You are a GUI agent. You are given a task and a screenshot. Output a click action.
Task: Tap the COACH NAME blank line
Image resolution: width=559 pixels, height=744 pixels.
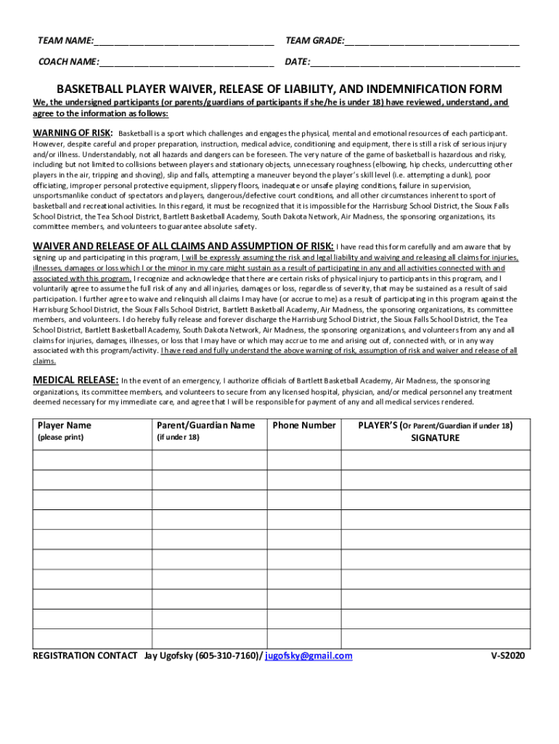(x=187, y=62)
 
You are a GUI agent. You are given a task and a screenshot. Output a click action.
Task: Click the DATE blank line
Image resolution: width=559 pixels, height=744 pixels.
(x=415, y=62)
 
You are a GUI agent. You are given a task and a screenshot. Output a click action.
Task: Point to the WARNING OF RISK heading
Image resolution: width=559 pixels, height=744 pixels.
(x=73, y=133)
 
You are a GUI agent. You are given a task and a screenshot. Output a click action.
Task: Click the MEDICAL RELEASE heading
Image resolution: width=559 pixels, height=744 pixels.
(x=76, y=380)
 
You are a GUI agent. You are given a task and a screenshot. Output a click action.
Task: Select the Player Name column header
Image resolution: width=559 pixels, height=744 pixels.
(x=65, y=425)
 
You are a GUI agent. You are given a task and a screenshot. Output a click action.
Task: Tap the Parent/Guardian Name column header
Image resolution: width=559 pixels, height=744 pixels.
(x=205, y=425)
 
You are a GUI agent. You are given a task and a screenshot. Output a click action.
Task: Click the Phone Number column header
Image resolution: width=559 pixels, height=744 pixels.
(x=304, y=425)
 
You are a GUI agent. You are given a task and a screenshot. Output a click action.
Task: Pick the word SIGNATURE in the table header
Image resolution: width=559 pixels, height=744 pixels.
(x=436, y=438)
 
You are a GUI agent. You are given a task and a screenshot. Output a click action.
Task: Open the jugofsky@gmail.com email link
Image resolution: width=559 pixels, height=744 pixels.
(x=309, y=655)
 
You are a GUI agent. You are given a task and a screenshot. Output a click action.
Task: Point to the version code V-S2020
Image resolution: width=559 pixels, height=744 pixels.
(x=507, y=655)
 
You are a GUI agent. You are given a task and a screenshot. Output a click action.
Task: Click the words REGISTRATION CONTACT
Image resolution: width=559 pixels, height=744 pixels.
(x=85, y=655)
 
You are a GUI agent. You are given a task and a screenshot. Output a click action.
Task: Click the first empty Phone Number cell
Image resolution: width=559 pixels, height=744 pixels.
(x=304, y=461)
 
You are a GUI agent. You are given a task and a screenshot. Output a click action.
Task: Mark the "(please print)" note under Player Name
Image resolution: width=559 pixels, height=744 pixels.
(x=60, y=437)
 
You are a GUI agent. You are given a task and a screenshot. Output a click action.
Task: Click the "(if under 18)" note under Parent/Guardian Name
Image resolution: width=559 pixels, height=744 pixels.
(x=178, y=437)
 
